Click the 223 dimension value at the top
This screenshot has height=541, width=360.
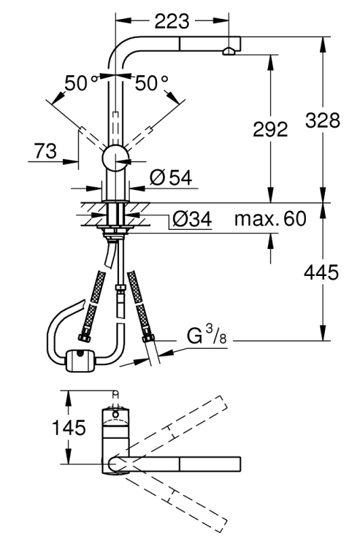172,21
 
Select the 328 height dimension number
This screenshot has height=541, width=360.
323,121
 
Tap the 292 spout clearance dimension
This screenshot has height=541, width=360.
270,130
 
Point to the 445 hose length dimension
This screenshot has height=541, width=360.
321,273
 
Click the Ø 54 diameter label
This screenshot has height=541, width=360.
171,178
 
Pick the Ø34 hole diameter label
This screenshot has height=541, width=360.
192,218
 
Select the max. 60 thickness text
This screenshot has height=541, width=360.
270,218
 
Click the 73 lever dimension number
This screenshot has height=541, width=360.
45,151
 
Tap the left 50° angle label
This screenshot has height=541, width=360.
81,83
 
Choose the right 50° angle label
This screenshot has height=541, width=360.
151,83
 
